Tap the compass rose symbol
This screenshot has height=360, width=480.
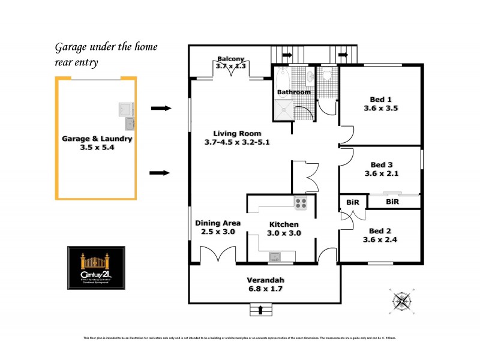[x=403, y=299]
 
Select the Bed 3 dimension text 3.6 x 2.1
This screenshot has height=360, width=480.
[x=381, y=174]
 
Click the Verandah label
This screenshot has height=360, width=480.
[x=265, y=280]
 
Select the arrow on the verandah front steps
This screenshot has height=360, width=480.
[x=260, y=310]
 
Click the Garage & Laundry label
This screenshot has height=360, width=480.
[x=97, y=139]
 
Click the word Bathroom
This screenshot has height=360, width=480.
[x=293, y=92]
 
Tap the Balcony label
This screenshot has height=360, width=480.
[x=231, y=59]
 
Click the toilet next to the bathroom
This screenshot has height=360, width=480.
[x=326, y=75]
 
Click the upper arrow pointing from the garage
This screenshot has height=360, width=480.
[x=160, y=108]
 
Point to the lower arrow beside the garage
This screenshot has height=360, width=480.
[x=160, y=173]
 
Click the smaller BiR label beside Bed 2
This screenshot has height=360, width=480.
[x=352, y=202]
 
